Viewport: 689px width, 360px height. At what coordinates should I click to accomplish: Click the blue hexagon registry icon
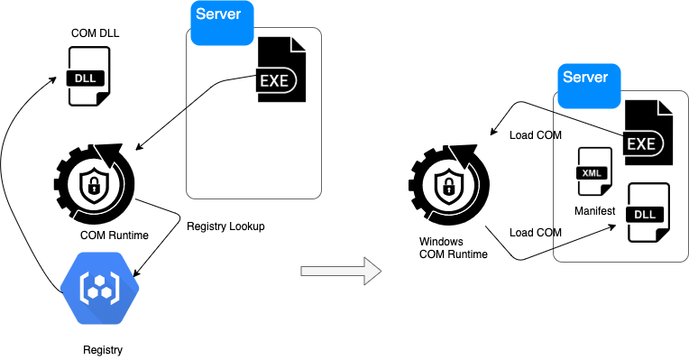[x=99, y=287]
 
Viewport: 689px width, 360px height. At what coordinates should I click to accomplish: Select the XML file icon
[x=594, y=171]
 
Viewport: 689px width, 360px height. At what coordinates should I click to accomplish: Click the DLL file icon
[x=648, y=213]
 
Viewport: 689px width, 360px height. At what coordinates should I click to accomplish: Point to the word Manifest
[x=594, y=211]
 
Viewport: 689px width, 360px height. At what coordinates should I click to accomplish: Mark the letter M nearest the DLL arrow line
[x=556, y=233]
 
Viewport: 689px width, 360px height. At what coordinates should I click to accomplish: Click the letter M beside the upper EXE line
[x=556, y=135]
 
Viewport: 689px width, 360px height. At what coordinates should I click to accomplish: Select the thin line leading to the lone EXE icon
[x=221, y=84]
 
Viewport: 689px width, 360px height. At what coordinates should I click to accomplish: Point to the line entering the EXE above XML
[x=586, y=123]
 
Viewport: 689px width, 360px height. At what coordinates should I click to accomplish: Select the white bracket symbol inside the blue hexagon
[x=99, y=288]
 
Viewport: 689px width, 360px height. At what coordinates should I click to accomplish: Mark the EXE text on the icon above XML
[x=641, y=143]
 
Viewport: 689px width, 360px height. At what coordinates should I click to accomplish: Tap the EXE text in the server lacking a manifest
[x=274, y=80]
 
